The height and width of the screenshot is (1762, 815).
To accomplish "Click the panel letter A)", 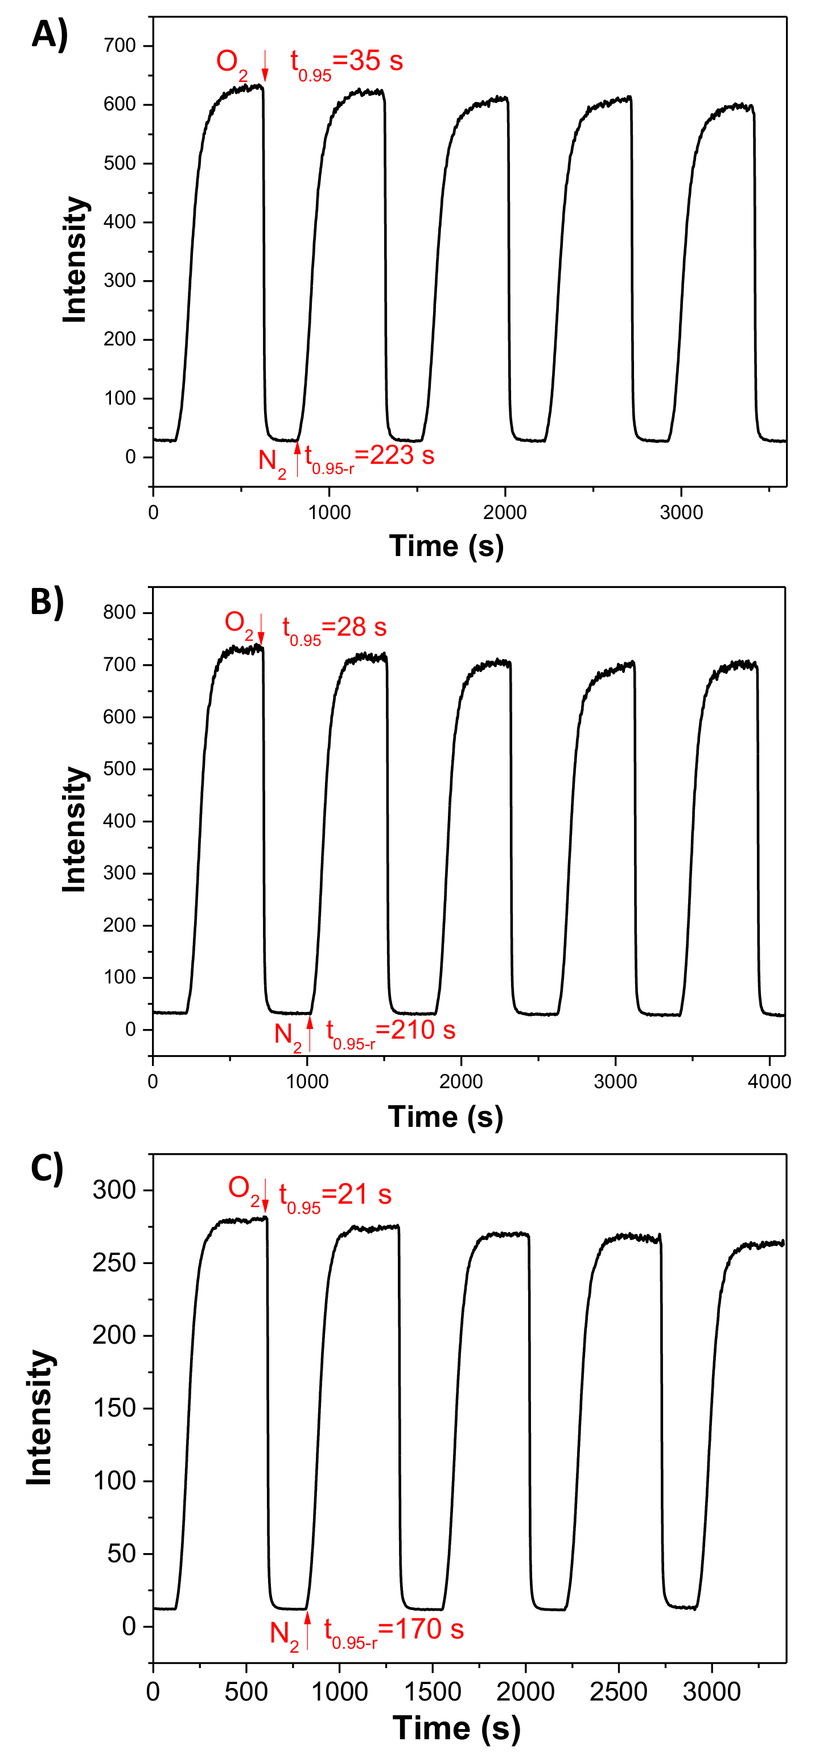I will (x=50, y=34).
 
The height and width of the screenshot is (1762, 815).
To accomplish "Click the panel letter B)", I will (x=47, y=603).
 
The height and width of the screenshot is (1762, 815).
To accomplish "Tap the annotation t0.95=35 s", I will (x=346, y=63).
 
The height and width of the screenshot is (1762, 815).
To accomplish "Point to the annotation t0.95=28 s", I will (x=334, y=629).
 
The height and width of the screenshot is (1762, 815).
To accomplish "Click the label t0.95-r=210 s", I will (x=390, y=1032).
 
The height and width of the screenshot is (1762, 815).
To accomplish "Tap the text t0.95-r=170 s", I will (x=393, y=1632).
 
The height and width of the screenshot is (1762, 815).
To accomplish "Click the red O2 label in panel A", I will (x=231, y=63).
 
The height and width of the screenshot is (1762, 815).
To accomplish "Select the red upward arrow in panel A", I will (x=297, y=458).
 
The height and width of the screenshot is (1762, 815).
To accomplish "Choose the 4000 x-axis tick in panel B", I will (x=769, y=1081).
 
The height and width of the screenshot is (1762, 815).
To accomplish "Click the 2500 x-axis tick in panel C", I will (x=618, y=1691).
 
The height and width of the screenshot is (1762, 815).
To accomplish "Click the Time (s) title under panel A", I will (x=446, y=546).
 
